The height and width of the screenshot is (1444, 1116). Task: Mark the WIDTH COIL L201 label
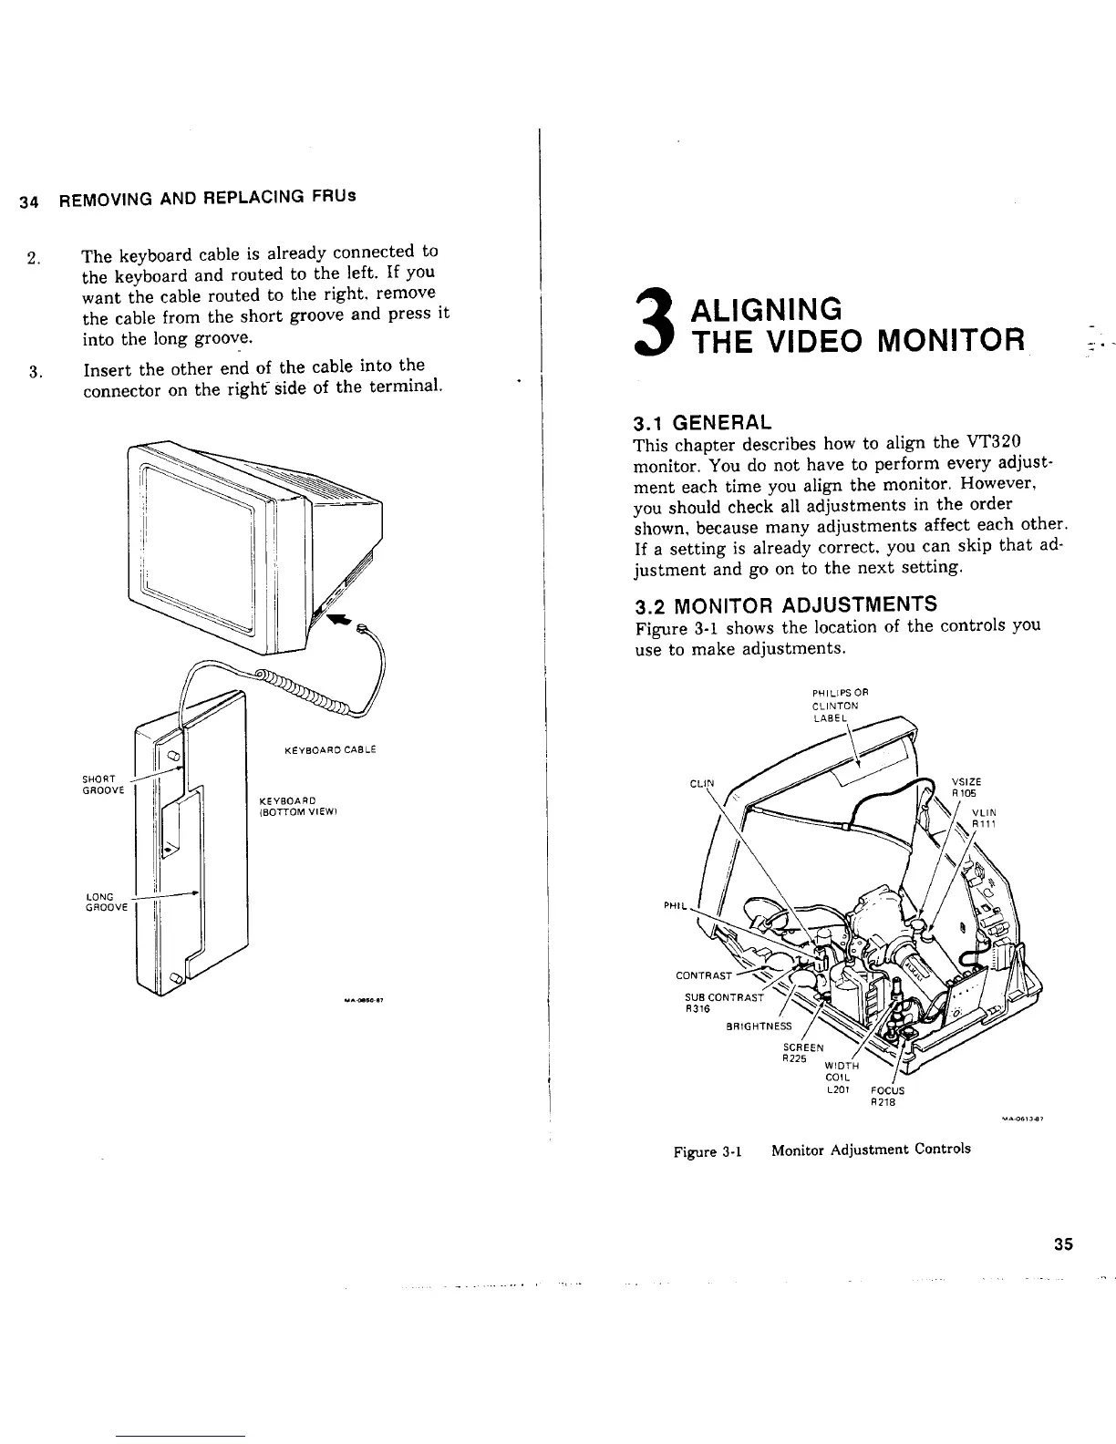click(x=839, y=1077)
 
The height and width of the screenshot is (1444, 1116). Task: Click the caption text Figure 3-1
click(x=707, y=1150)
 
